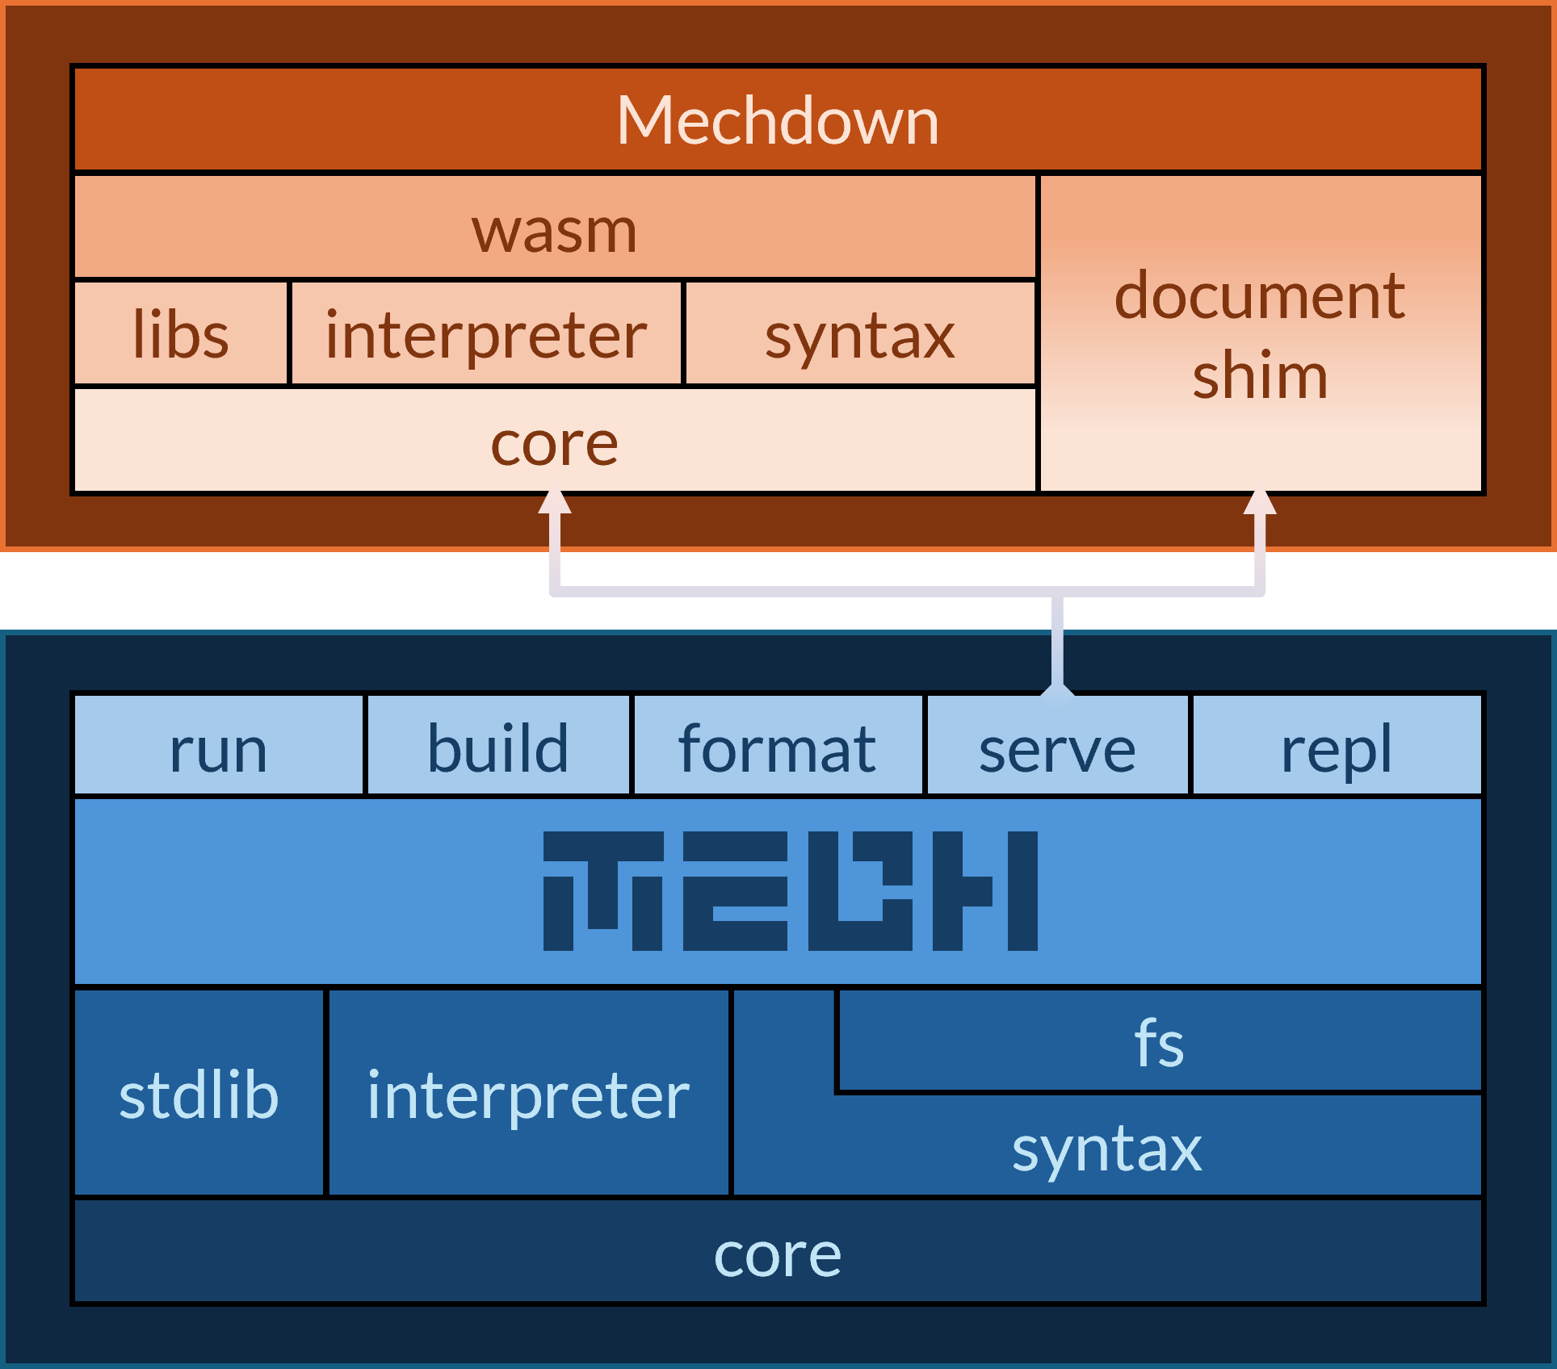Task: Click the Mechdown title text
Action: click(x=778, y=121)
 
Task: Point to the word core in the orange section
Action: click(x=555, y=444)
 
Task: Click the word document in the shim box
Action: click(x=1260, y=296)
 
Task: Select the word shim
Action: click(x=1260, y=375)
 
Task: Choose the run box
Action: click(x=218, y=747)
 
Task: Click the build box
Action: click(x=498, y=747)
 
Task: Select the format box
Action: click(x=778, y=747)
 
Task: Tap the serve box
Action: click(x=1057, y=747)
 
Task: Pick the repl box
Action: click(x=1337, y=747)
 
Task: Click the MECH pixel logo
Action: click(x=790, y=891)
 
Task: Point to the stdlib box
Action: click(x=199, y=1095)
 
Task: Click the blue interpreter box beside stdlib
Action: click(x=528, y=1095)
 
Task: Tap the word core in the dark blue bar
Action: click(x=778, y=1254)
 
